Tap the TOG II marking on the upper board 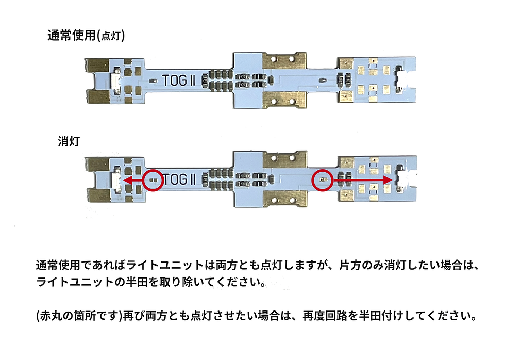click(x=178, y=80)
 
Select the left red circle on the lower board click(x=153, y=180)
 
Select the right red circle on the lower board click(x=323, y=180)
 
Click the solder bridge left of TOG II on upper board click(x=153, y=80)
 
